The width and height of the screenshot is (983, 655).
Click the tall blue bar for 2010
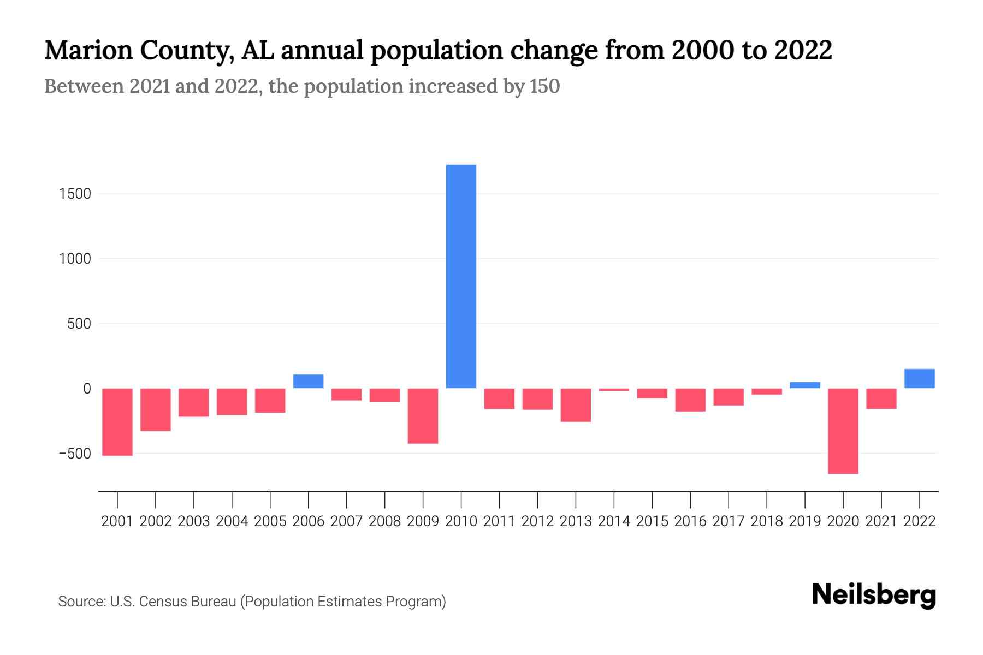coord(461,276)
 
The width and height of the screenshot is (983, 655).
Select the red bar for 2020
coord(843,431)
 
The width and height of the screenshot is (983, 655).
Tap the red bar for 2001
coord(117,421)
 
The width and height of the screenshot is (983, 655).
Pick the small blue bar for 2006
coord(308,381)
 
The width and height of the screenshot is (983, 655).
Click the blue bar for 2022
coord(919,379)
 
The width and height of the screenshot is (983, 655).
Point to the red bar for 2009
coord(423,415)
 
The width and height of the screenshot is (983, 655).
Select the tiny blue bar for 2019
coord(804,385)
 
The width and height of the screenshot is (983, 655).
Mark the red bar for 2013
coord(576,404)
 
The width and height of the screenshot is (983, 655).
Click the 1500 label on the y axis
coord(75,194)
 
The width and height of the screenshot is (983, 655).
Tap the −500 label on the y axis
coord(75,454)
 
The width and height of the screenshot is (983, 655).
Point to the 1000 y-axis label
coord(75,259)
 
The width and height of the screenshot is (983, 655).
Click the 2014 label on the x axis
coord(614,521)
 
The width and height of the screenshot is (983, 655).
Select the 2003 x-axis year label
coord(194,521)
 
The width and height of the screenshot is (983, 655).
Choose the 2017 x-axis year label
coord(729,521)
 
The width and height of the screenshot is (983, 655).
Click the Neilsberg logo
coord(874,595)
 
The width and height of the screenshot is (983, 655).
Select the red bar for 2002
coord(156,409)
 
